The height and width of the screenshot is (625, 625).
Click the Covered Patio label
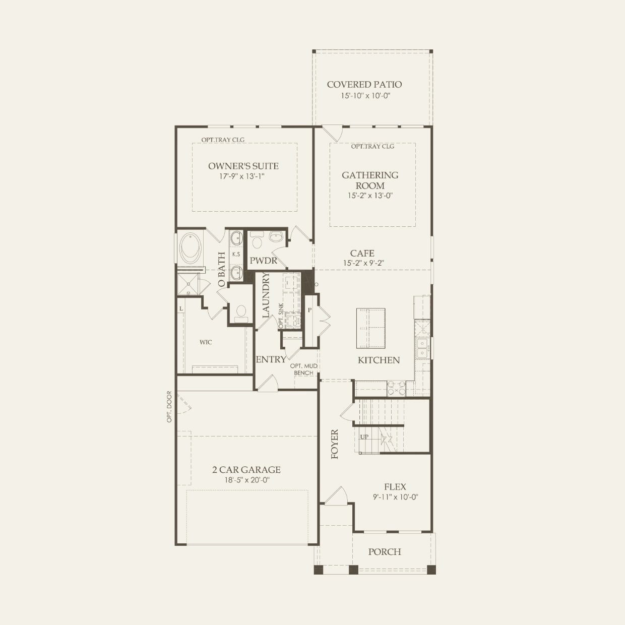click(x=364, y=85)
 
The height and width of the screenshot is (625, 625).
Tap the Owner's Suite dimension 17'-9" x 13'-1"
click(x=243, y=176)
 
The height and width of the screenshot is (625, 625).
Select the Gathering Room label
click(x=370, y=180)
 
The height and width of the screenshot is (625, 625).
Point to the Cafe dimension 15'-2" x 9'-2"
click(x=362, y=263)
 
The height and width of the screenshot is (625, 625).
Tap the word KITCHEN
click(x=379, y=360)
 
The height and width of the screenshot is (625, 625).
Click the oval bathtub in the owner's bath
click(x=191, y=247)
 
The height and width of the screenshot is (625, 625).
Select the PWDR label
click(x=264, y=261)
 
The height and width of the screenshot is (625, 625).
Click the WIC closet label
click(x=206, y=342)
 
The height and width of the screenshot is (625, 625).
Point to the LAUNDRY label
click(x=266, y=295)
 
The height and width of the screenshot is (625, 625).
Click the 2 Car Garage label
click(x=246, y=470)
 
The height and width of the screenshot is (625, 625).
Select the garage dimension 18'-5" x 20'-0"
click(x=246, y=480)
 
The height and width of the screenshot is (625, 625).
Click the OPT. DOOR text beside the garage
click(x=169, y=407)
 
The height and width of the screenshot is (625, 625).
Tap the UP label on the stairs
click(x=364, y=436)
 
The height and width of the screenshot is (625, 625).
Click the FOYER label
click(x=335, y=444)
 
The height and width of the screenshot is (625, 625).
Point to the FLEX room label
click(x=395, y=487)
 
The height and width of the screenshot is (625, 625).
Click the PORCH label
click(x=385, y=552)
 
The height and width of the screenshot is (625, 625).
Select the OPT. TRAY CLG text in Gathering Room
click(x=372, y=146)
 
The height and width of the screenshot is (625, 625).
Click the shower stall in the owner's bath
click(x=190, y=284)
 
